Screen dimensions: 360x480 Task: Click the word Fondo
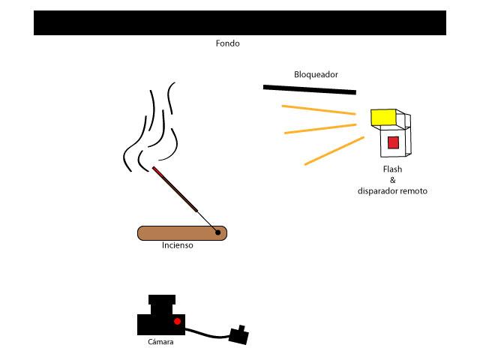pyautogui.click(x=227, y=43)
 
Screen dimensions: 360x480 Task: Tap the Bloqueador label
pyautogui.click(x=316, y=74)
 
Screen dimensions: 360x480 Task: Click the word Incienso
pyautogui.click(x=178, y=245)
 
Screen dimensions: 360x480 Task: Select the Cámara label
pyautogui.click(x=160, y=342)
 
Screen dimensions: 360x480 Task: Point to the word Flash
pyautogui.click(x=392, y=169)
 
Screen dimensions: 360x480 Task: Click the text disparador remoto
pyautogui.click(x=392, y=191)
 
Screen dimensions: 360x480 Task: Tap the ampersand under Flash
pyautogui.click(x=392, y=180)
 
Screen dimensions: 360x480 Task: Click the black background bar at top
pyautogui.click(x=240, y=22)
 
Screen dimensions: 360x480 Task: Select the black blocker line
pyautogui.click(x=309, y=89)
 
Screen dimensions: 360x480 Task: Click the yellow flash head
pyautogui.click(x=383, y=117)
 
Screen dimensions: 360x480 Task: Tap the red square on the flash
pyautogui.click(x=393, y=142)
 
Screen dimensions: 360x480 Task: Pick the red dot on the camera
pyautogui.click(x=177, y=322)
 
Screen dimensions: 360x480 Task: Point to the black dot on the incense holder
pyautogui.click(x=218, y=232)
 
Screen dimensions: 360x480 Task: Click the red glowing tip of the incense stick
pyautogui.click(x=156, y=170)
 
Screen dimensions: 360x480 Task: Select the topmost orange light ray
pyautogui.click(x=318, y=110)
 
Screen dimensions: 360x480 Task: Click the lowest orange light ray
pyautogui.click(x=334, y=151)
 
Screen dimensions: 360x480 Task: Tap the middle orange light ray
pyautogui.click(x=319, y=129)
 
